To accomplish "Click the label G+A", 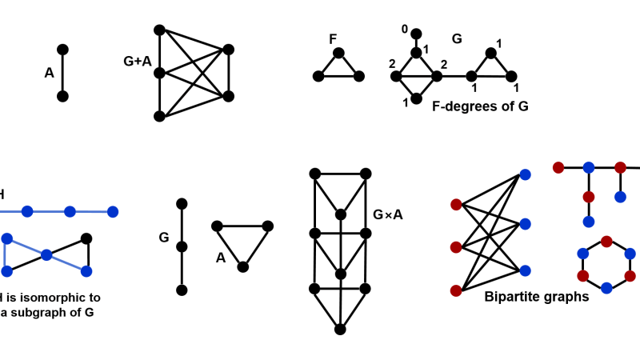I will coord(136,59).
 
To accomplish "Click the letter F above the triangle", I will coord(333,38).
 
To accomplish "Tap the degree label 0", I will coord(405,30).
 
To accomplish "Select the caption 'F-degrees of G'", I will coord(480,105).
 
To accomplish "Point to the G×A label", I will coord(388,214).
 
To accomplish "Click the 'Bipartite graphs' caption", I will coord(536,296).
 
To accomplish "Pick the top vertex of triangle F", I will coord(338,54).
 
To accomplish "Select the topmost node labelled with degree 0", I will coord(416,34).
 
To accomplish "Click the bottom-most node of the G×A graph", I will coord(340,329).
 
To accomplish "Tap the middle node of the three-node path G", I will coord(182,246).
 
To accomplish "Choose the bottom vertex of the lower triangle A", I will coord(242,266).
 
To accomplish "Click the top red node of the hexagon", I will coord(606,241).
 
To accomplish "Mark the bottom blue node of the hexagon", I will coord(606,287).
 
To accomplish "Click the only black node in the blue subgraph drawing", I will coord(87,238).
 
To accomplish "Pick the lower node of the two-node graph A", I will coord(63,97).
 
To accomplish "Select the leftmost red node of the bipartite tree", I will coord(558,167).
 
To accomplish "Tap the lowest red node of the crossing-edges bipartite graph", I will coord(456,290).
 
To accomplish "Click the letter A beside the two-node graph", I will coord(49,73).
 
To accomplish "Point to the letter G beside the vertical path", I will coord(163,238).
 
